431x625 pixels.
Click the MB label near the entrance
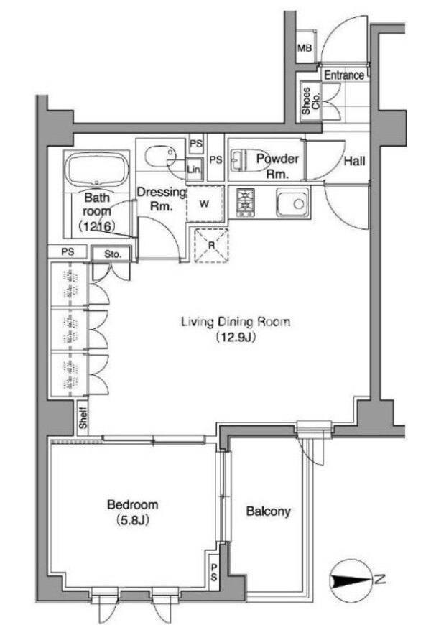point(305,48)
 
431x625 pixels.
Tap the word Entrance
point(344,75)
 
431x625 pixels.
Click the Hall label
point(354,161)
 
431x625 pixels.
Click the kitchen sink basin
point(292,203)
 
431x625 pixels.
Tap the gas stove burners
point(245,203)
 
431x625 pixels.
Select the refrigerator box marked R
point(211,246)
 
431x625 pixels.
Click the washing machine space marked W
point(205,204)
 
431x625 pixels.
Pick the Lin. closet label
point(194,170)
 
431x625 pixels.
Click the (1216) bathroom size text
point(97,226)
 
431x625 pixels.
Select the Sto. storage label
point(113,254)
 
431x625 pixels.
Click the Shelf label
point(83,417)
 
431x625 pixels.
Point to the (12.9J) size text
point(235,337)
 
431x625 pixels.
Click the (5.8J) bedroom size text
point(133,520)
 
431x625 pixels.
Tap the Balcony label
point(268,511)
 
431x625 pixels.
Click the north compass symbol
point(349,580)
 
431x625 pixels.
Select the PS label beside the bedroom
point(214,573)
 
